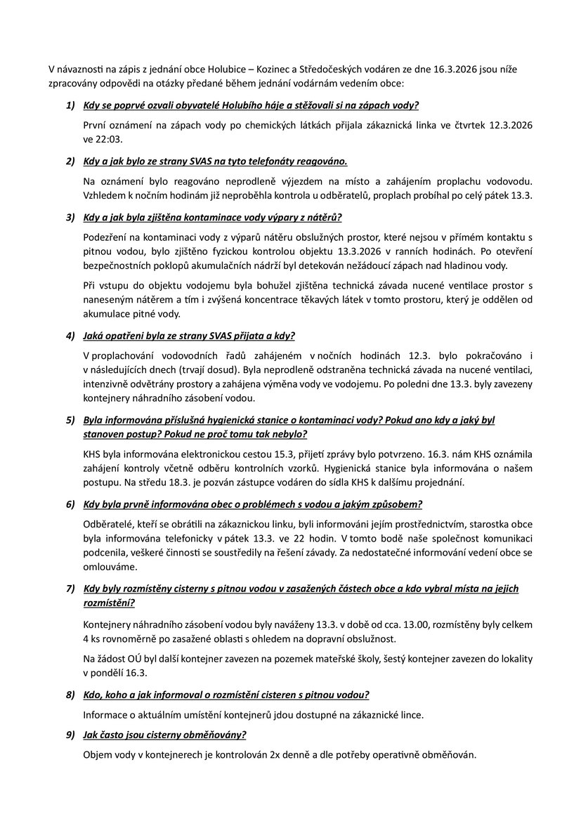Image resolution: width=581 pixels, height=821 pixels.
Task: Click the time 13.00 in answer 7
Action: click(397, 624)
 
